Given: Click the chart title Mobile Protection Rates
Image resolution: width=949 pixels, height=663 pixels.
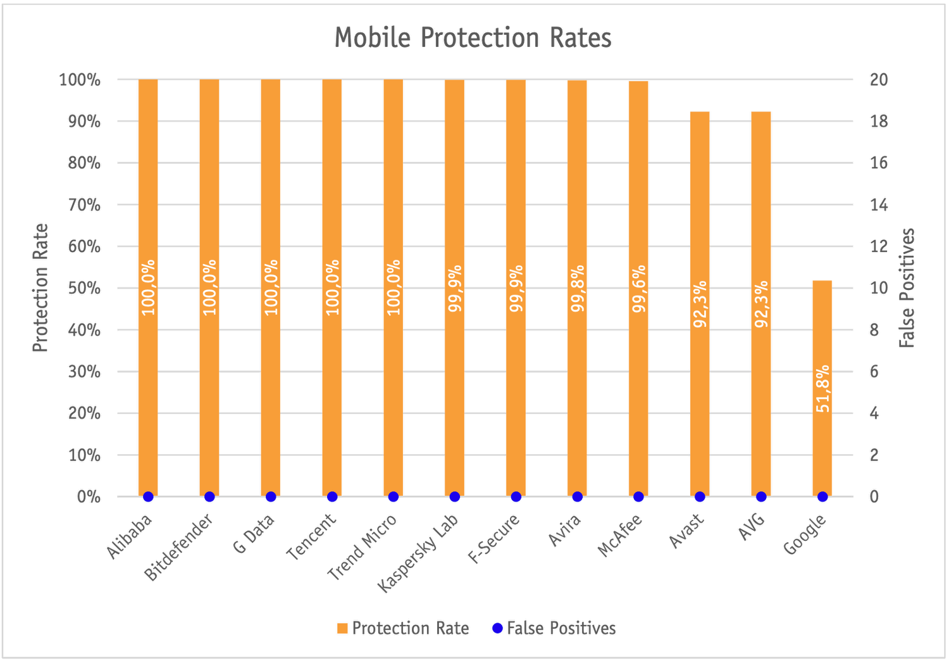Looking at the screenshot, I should (x=473, y=38).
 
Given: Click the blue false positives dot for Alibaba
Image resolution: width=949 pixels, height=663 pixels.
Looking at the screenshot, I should (x=148, y=496).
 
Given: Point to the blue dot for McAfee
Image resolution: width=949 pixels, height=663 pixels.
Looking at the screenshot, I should (x=638, y=496).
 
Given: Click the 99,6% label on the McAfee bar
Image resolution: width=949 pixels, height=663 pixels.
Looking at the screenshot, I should (x=639, y=289).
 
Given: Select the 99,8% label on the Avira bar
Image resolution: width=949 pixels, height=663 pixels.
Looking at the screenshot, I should (x=578, y=289).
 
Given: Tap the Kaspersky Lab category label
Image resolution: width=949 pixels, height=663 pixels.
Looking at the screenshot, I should (x=419, y=552).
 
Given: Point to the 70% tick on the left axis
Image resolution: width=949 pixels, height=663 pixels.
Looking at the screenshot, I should (x=84, y=205).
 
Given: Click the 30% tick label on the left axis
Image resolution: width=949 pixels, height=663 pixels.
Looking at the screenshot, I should (x=84, y=372).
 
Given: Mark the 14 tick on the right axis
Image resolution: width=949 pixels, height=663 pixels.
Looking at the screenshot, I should (x=879, y=205).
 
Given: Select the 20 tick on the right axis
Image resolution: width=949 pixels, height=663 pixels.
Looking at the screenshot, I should (x=879, y=80).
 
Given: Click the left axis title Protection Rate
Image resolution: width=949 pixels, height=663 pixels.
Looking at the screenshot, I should (x=40, y=287).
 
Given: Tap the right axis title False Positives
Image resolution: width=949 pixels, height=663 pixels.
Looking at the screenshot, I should (x=907, y=287).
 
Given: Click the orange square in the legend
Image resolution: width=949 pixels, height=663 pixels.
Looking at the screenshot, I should (x=342, y=628).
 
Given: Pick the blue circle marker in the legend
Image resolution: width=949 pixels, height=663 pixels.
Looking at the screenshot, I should (x=497, y=628).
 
